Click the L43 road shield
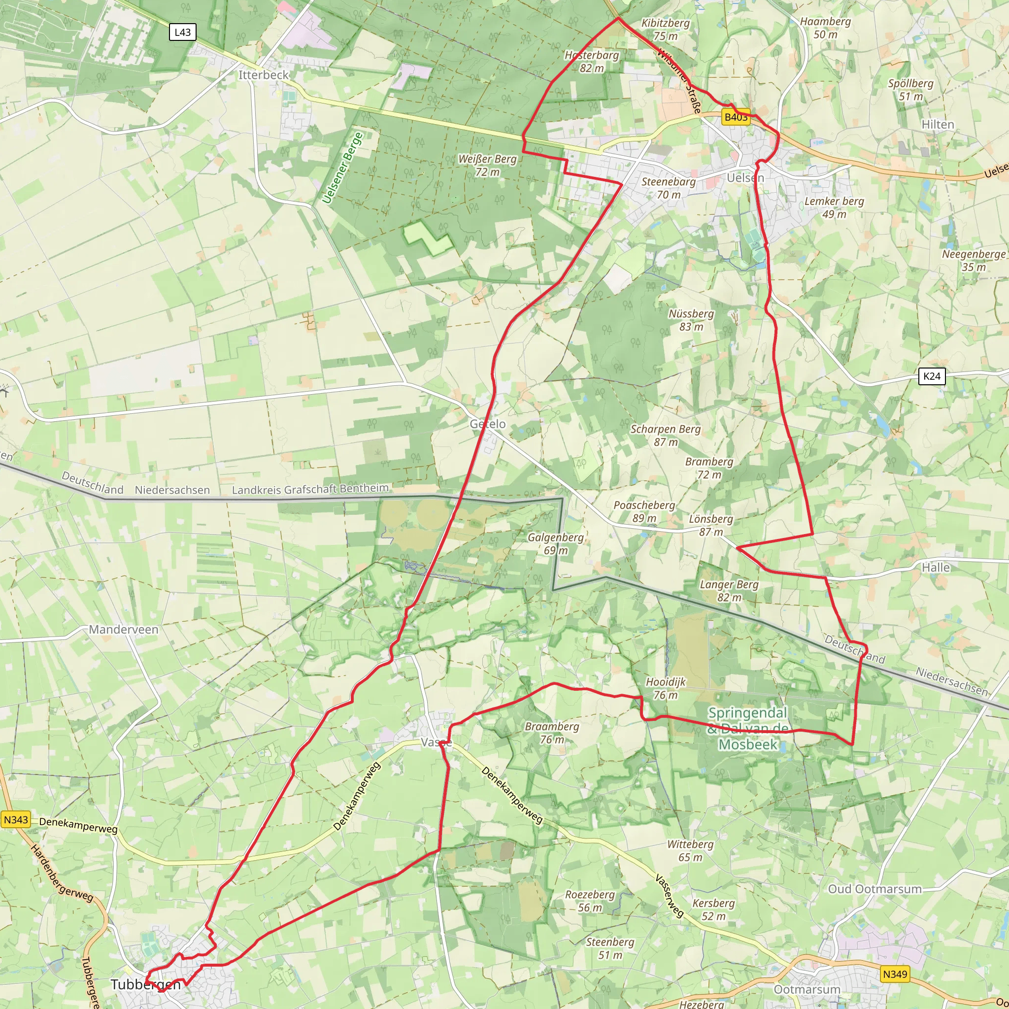182,33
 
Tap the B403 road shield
736,116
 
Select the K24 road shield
932,376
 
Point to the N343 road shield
16,819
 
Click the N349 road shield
895,974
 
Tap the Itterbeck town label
263,75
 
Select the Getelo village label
487,424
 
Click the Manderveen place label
123,629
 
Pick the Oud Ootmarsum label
875,889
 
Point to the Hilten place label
938,124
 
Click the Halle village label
936,567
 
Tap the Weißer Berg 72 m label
487,165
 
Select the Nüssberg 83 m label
691,320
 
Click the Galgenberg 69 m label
555,543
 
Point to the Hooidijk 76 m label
665,688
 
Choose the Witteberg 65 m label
690,850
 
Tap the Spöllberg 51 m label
911,90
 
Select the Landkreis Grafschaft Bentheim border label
310,489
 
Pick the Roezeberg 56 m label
590,901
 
